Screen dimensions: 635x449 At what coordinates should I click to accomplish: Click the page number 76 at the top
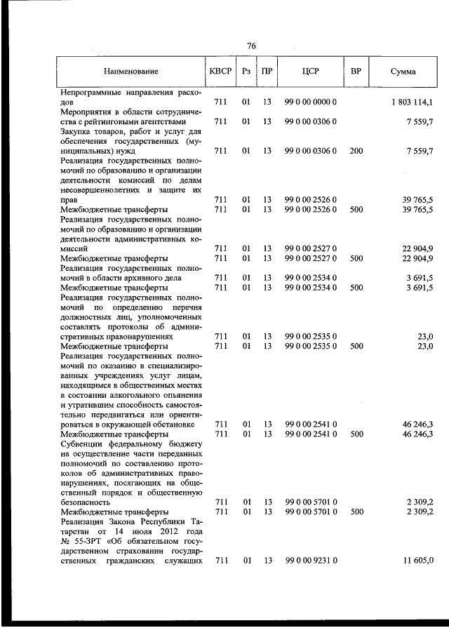click(251, 46)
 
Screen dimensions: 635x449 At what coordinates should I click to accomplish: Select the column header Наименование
click(130, 72)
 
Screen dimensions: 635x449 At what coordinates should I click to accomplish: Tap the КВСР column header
click(220, 72)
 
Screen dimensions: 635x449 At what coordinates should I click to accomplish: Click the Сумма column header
click(403, 72)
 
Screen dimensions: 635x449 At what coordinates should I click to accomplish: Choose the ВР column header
click(356, 72)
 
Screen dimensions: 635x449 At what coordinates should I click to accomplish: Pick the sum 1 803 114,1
click(412, 102)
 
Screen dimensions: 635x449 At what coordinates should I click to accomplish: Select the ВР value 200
click(356, 151)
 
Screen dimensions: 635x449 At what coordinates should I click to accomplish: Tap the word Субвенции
click(83, 444)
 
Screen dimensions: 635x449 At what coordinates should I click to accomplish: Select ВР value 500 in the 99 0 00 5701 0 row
click(356, 512)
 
